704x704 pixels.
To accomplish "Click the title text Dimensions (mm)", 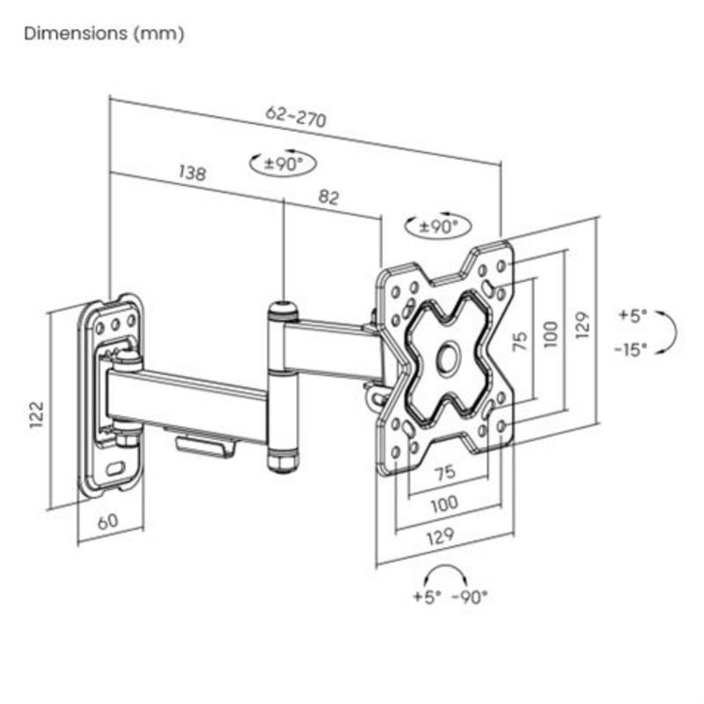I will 104,34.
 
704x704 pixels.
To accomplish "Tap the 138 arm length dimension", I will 191,172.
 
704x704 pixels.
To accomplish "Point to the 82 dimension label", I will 328,198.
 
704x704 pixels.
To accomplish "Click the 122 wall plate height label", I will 37,414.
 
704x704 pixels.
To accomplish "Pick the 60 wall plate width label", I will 106,521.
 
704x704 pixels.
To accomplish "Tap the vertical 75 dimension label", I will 521,341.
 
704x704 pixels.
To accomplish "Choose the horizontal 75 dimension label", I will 445,473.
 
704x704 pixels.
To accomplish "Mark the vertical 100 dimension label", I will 551,334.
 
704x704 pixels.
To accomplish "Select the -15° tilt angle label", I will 631,348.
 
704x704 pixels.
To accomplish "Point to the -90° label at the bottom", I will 470,597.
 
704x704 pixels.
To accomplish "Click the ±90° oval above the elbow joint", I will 282,163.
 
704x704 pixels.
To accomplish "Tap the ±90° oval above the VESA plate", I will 437,225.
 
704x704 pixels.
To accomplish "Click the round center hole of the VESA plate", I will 447,356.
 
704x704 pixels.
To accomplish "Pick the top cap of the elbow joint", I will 282,309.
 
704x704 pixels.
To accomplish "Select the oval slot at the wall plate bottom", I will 114,467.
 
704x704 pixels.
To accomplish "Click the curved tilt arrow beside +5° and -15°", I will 670,332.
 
